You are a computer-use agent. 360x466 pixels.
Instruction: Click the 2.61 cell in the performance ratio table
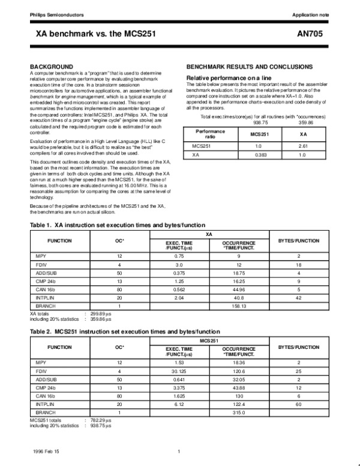[x=303, y=146]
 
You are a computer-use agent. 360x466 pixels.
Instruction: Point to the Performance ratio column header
[x=206, y=133]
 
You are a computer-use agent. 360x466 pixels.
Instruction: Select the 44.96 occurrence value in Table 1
[x=239, y=289]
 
